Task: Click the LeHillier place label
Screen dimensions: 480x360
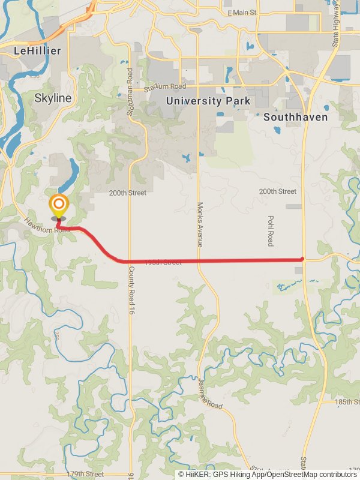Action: [37, 51]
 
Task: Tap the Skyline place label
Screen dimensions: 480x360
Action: [53, 98]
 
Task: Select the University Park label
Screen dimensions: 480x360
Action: [208, 101]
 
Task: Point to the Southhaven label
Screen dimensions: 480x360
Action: [296, 117]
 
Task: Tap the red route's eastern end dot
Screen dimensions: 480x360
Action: [302, 259]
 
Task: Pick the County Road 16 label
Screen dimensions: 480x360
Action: [130, 290]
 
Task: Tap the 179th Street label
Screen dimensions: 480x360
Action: [85, 474]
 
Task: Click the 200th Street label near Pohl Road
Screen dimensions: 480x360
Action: [278, 191]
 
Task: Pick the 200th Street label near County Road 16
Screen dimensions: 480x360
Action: [128, 194]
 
